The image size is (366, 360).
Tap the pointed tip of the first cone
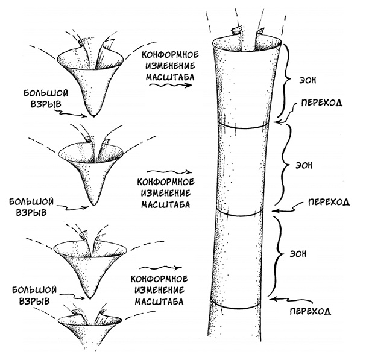pyautogui.click(x=93, y=115)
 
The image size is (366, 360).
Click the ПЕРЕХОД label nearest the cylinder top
pyautogui.click(x=318, y=103)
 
